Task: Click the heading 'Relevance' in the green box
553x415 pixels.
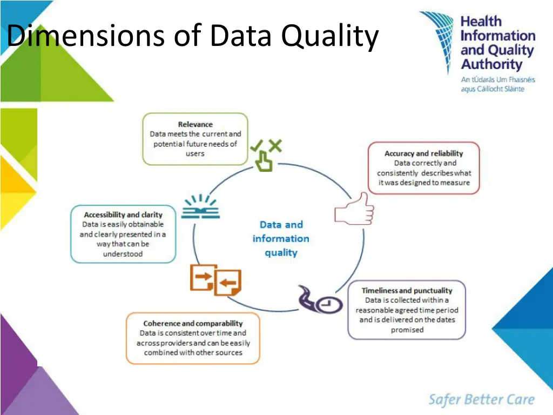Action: pyautogui.click(x=195, y=124)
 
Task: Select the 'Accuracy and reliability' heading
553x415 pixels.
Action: pyautogui.click(x=423, y=153)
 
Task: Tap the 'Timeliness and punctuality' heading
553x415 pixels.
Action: pyautogui.click(x=407, y=291)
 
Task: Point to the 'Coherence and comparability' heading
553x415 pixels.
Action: pyautogui.click(x=193, y=324)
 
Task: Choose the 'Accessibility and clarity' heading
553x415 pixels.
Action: pyautogui.click(x=123, y=215)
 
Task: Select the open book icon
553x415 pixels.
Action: pyautogui.click(x=200, y=207)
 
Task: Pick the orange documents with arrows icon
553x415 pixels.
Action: pyautogui.click(x=215, y=280)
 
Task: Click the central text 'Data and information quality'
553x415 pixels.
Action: pyautogui.click(x=281, y=238)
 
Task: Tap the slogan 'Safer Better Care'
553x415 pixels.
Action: pyautogui.click(x=481, y=400)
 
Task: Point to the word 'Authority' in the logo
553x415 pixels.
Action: pyautogui.click(x=491, y=65)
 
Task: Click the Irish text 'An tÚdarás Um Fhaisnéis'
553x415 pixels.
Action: pyautogui.click(x=497, y=79)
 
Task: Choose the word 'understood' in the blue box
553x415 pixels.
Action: pyautogui.click(x=123, y=254)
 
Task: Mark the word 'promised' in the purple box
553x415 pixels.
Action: pyautogui.click(x=407, y=330)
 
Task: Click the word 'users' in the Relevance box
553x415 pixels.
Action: pyautogui.click(x=195, y=153)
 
